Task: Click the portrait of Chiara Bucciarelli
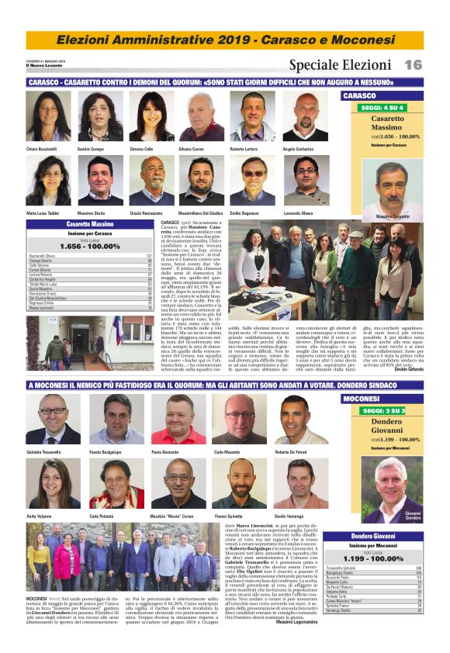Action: (x=48, y=116)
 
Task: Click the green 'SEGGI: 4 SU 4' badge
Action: (x=393, y=107)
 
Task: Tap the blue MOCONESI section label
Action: (x=362, y=399)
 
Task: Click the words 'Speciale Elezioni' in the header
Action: (x=340, y=65)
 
